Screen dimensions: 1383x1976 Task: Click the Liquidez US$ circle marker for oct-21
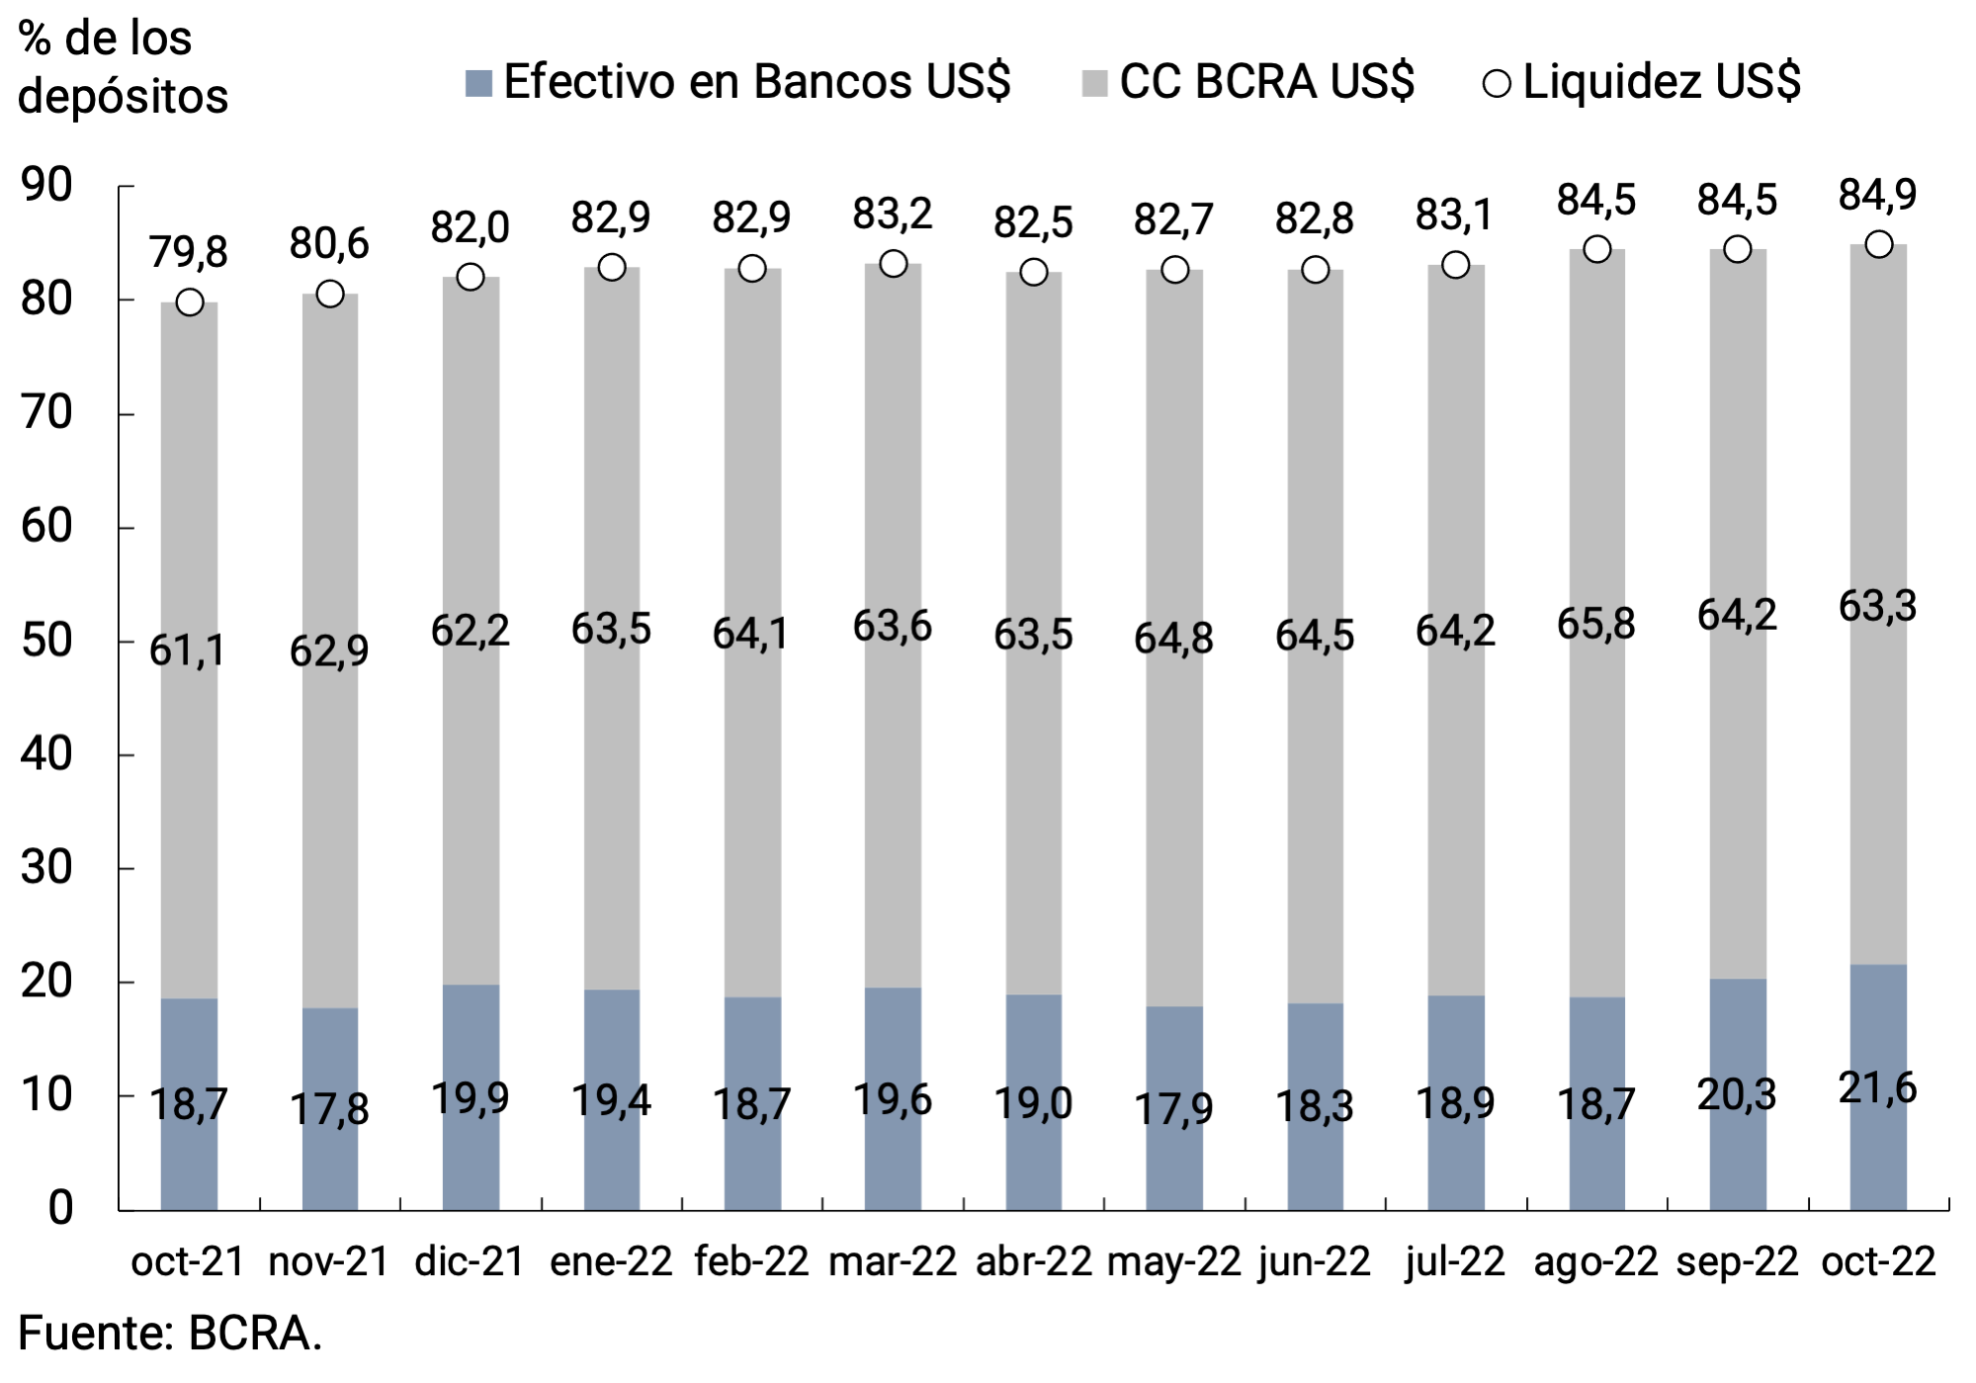[190, 303]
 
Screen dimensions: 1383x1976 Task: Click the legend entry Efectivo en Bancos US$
[737, 82]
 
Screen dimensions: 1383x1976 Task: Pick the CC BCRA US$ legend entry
[1248, 82]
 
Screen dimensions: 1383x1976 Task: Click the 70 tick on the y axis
[46, 413]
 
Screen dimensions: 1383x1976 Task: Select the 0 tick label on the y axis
[60, 1208]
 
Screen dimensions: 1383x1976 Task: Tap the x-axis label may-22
[1173, 1262]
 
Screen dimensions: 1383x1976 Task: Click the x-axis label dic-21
[470, 1262]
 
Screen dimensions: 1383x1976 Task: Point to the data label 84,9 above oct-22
[1877, 195]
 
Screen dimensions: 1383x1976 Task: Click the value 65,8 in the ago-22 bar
[1595, 624]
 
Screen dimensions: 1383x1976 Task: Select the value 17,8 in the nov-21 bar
[329, 1109]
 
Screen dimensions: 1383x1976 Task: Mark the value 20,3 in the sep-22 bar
[1737, 1095]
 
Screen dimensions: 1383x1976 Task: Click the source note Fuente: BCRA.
[170, 1334]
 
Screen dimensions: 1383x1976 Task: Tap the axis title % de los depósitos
[123, 67]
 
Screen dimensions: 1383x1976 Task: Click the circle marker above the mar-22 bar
[893, 264]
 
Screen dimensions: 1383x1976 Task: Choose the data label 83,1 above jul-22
[1454, 215]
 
